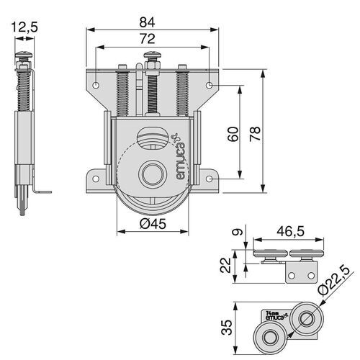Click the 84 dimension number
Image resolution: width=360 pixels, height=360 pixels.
click(x=152, y=21)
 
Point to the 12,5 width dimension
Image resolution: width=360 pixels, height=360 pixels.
click(x=24, y=27)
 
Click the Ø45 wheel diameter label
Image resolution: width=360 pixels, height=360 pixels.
click(x=152, y=224)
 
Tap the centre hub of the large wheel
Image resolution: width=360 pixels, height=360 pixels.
click(x=152, y=175)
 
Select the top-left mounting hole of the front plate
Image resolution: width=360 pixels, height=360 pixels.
click(x=95, y=85)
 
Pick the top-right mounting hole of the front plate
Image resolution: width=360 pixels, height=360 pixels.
click(x=210, y=85)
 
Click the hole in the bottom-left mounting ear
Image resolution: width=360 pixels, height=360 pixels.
click(x=96, y=179)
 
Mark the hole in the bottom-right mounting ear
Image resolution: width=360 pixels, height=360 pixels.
click(x=208, y=179)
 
